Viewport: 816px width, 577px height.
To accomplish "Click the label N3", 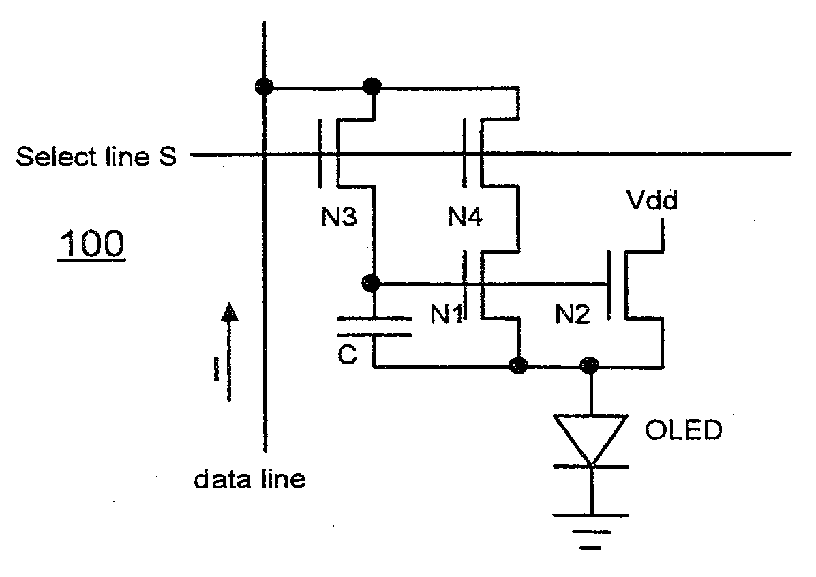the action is (x=339, y=216).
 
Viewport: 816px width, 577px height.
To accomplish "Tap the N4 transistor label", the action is (x=465, y=216).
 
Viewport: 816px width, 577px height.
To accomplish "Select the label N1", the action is (x=447, y=314).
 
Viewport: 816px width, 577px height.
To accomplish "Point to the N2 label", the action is (x=572, y=314).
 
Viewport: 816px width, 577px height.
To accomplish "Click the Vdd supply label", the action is (x=652, y=199).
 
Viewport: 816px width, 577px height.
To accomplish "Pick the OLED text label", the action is (x=683, y=430).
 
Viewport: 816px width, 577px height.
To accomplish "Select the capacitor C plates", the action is (x=374, y=326).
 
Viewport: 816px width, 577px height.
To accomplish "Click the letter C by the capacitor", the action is (x=347, y=355).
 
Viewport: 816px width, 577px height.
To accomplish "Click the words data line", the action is (x=250, y=479).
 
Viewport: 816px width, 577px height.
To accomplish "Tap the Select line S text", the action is (x=96, y=156).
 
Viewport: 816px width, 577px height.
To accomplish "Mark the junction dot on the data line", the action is (x=265, y=87).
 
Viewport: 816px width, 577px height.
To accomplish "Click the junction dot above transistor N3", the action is (x=372, y=86).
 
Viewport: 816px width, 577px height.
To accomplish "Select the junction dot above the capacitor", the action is (x=371, y=283).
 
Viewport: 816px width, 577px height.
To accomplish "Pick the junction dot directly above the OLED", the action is (x=590, y=366).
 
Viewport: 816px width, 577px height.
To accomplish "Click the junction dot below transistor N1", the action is (x=518, y=366).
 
